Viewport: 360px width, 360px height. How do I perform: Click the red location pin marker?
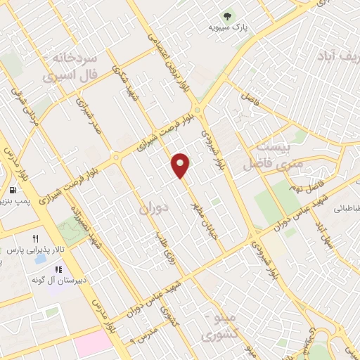[181, 165]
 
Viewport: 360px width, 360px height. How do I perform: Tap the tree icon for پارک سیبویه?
[227, 15]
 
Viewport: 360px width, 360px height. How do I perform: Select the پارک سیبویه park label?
[226, 27]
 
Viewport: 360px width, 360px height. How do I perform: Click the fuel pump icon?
[13, 191]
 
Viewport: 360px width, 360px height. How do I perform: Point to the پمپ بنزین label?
[15, 202]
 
